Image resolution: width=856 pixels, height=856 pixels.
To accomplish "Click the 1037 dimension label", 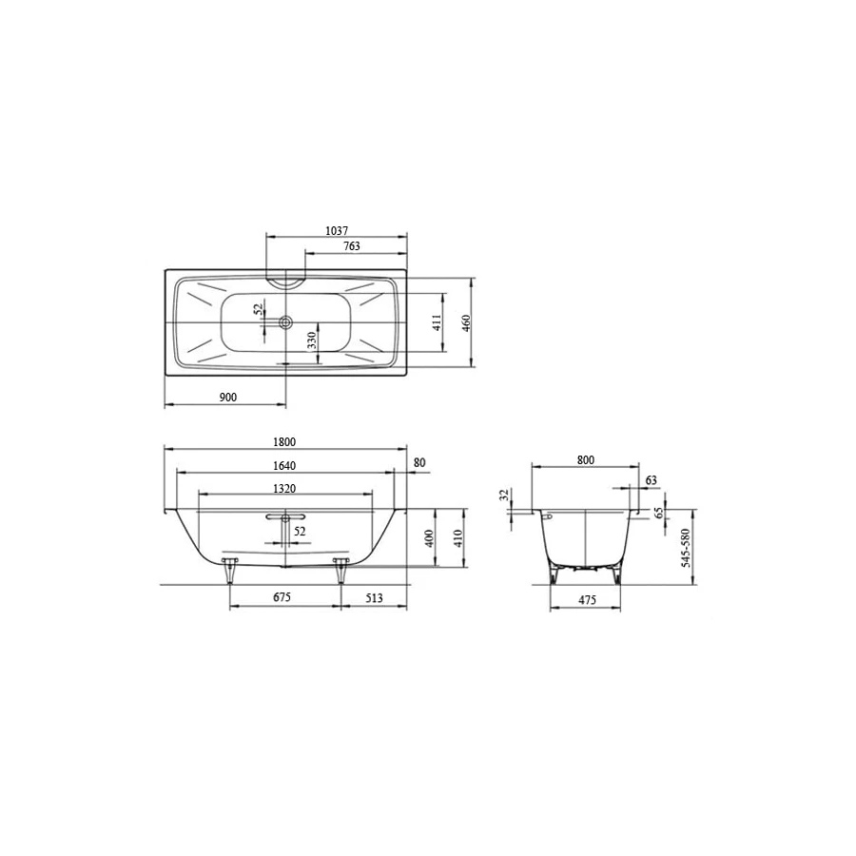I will (x=336, y=230).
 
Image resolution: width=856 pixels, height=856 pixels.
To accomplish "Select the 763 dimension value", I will (x=350, y=247).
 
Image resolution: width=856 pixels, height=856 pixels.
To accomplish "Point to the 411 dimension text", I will (x=438, y=322).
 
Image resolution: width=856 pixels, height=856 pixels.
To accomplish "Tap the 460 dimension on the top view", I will (x=466, y=322).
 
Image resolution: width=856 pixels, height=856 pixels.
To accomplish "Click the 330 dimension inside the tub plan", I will (x=311, y=340).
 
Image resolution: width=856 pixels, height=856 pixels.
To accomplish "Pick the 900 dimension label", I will (x=227, y=397).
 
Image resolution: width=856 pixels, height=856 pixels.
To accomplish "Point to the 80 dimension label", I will (x=419, y=464).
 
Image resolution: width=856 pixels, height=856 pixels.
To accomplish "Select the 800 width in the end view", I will (x=585, y=459).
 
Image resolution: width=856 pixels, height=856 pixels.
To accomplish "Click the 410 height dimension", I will (x=457, y=538).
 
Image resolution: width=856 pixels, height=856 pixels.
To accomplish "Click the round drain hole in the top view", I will (x=284, y=322).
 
